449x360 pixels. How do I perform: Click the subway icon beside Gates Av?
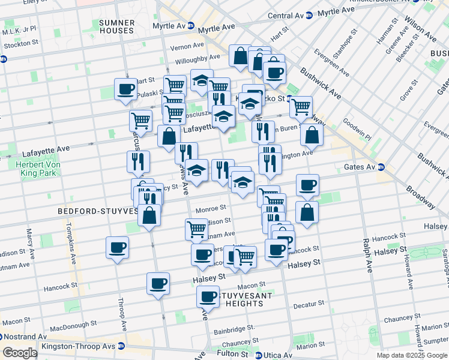381,167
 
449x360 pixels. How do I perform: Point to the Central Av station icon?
309,15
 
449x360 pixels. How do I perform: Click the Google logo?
20,352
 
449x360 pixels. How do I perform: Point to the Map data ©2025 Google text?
411,355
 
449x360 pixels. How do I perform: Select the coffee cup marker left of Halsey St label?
158,283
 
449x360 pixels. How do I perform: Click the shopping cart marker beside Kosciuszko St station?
301,107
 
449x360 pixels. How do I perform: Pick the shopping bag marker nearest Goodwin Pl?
312,135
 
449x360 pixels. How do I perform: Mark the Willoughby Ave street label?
197,59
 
